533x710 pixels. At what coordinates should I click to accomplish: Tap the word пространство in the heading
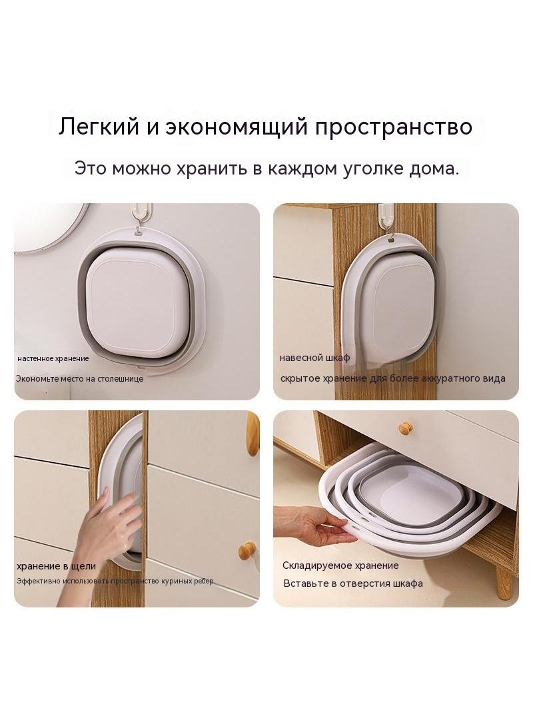[x=394, y=127]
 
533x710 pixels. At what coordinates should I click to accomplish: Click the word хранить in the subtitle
[x=211, y=169]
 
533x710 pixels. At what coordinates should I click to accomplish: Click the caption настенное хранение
[x=53, y=358]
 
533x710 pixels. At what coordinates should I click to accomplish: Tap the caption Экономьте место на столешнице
[x=80, y=378]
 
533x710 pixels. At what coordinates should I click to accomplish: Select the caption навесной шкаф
[x=314, y=358]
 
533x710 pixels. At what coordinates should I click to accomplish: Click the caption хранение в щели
[x=56, y=566]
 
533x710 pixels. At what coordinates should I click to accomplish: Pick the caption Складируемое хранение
[x=340, y=565]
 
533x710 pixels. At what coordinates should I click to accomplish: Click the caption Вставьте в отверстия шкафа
[x=353, y=583]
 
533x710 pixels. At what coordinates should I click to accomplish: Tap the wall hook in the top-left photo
[x=142, y=216]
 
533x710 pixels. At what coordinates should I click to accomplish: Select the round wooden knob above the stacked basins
[x=405, y=427]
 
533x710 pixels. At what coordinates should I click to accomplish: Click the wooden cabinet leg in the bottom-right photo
[x=504, y=580]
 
